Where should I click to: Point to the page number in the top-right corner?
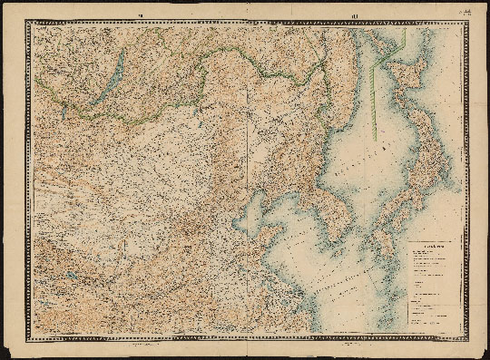pos(466,11)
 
